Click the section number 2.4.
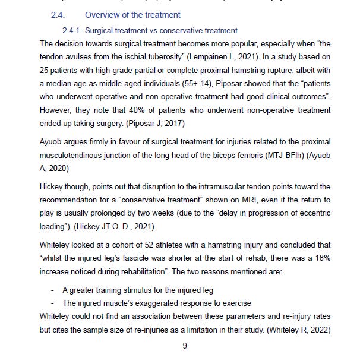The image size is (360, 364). (59, 14)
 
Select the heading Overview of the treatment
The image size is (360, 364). (132, 14)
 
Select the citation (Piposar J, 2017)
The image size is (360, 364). (157, 124)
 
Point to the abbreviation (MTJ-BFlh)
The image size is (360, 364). (276, 157)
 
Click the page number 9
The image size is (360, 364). (184, 348)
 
